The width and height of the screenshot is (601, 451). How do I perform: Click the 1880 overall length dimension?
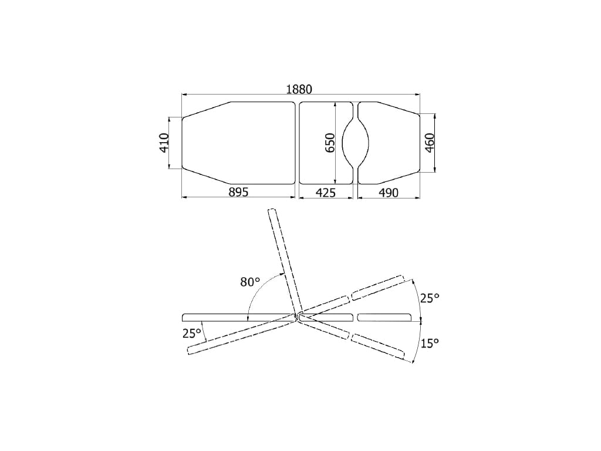[299, 89]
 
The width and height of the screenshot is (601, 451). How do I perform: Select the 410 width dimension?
[164, 143]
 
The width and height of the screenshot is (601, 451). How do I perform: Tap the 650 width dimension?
[330, 143]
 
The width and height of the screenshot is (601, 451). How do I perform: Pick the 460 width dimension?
[429, 143]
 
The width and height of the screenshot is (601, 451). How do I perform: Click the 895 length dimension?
[238, 192]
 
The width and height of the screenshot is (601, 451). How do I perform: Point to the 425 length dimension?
[325, 192]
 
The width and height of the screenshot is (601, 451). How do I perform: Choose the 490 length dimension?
[389, 192]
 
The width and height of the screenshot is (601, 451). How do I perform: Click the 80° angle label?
[250, 282]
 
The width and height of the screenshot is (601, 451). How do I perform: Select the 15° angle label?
[430, 343]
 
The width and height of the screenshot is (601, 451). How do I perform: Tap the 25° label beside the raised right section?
[430, 298]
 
